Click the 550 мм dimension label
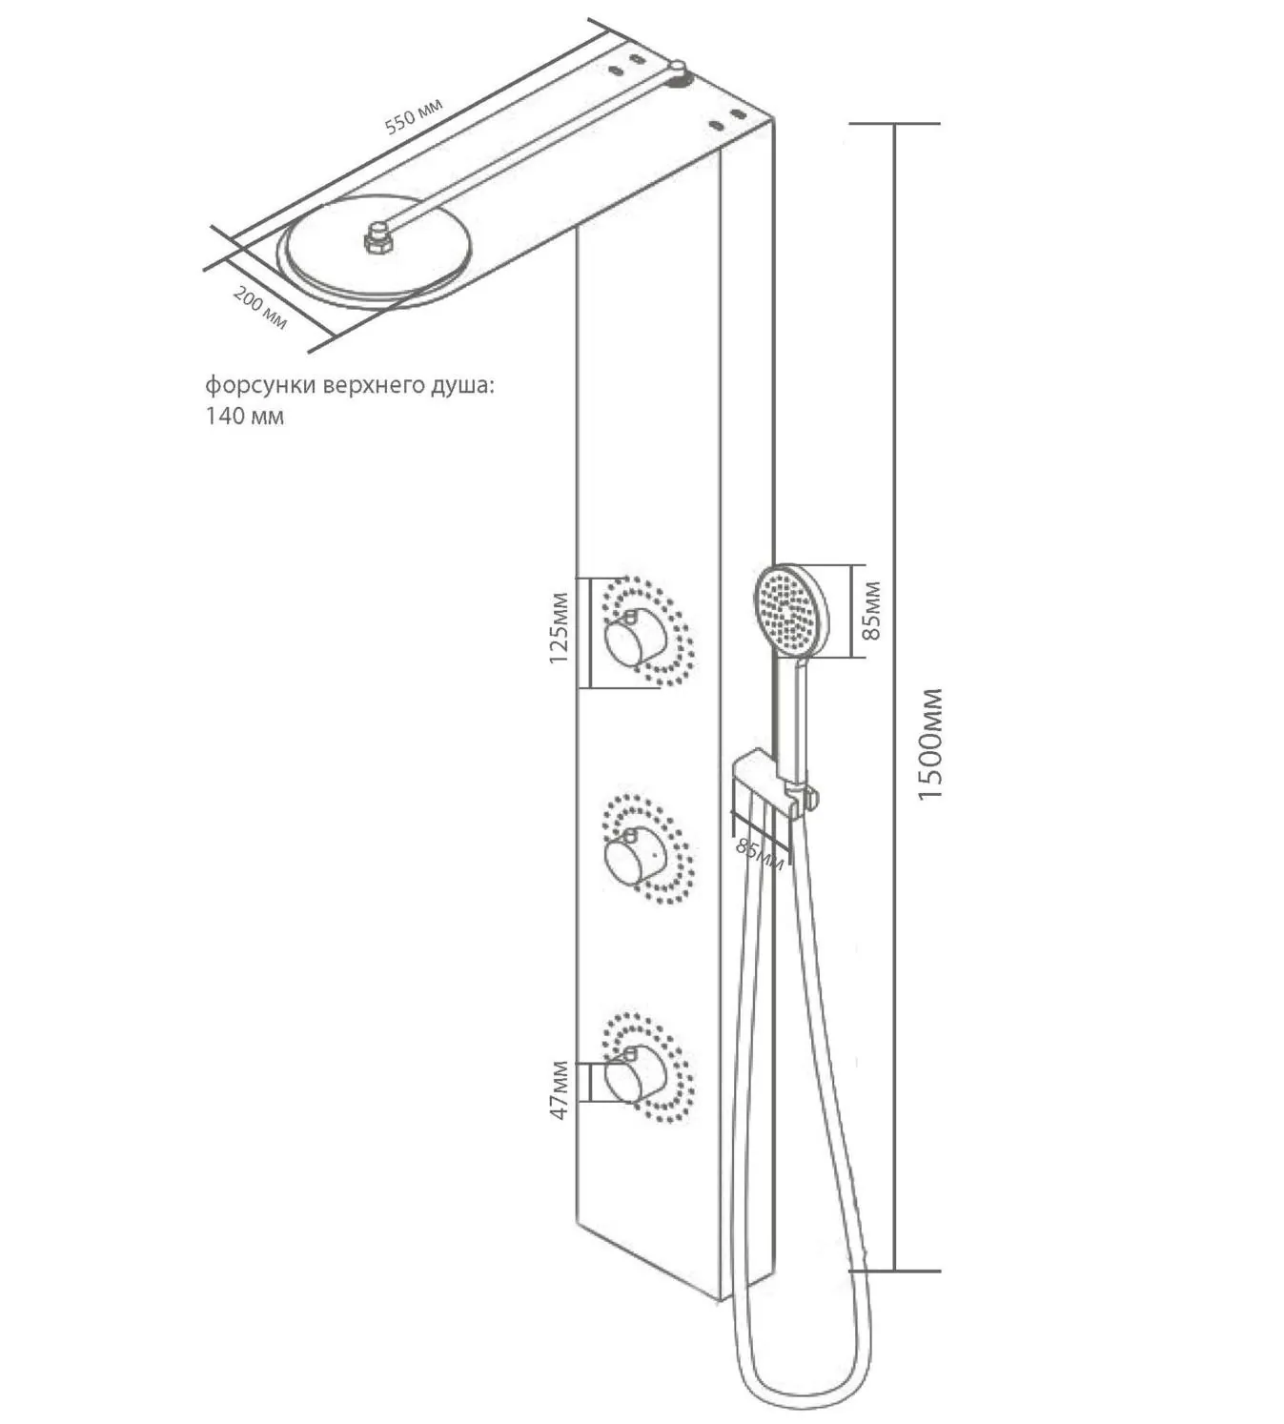coord(414,115)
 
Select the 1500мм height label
coord(929,743)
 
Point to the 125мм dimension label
coord(559,627)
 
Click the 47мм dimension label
coord(560,1090)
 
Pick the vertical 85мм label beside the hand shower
coord(871,610)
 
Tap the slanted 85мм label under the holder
coord(760,854)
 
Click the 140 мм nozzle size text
coord(245,416)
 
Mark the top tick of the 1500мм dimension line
coord(894,124)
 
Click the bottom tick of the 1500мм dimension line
coord(894,1271)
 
